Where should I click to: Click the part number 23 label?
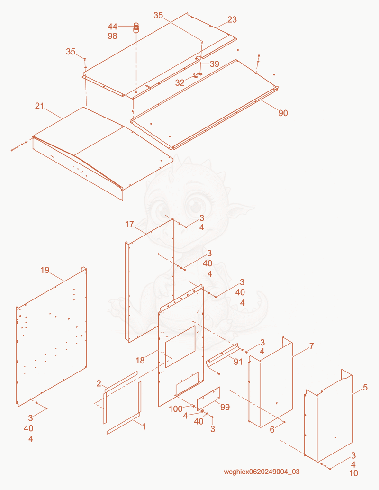point(232,20)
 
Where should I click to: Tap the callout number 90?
point(283,113)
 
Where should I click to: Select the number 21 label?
point(39,106)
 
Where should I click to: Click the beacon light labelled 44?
point(136,27)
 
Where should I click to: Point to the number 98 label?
point(112,36)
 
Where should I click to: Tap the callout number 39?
point(214,64)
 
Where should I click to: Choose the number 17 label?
point(129,224)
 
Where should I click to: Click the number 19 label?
point(45,270)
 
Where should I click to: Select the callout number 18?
point(140,361)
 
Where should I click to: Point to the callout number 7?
point(311,346)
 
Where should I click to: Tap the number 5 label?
point(365,388)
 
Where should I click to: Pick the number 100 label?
point(176,409)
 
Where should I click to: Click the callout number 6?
point(272,430)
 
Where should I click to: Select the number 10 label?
point(353,473)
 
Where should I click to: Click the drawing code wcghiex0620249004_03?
point(262,472)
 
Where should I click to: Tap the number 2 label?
point(99,383)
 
